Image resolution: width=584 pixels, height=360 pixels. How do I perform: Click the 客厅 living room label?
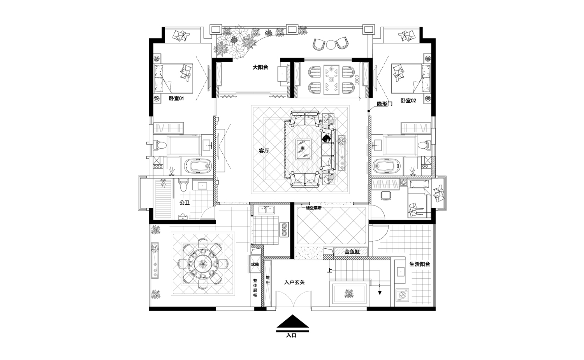pos(264,151)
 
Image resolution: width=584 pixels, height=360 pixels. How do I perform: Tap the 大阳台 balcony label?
pos(260,67)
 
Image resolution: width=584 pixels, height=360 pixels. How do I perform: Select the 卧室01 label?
pos(176,98)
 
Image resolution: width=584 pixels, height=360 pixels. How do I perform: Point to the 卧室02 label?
pos(408,101)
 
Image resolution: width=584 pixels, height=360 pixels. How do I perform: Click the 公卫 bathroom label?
pos(185,202)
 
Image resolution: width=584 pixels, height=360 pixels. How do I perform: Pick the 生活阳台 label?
pos(419,264)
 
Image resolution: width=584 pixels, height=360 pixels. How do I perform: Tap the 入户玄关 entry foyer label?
pos(294,282)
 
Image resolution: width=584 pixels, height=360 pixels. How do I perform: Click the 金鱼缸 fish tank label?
pos(352,252)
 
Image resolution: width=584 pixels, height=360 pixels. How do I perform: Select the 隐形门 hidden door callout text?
pos(385,104)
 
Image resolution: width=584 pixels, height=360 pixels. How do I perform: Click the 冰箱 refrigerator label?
pos(255,264)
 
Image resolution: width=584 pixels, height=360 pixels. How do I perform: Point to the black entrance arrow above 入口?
pos(292,321)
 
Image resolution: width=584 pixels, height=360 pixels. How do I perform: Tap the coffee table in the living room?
pos(303,149)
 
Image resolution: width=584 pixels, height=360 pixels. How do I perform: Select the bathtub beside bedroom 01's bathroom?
pos(197,166)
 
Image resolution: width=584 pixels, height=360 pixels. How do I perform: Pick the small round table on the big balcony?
pos(331,45)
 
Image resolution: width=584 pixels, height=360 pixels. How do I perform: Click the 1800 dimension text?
pos(357,80)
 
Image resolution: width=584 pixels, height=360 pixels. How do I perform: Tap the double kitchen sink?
pos(266,210)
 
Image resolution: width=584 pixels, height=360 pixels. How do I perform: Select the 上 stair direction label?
pos(330,270)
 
